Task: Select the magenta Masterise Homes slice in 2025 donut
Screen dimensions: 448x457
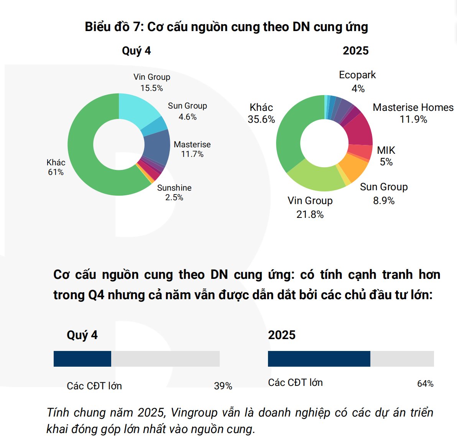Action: [358, 128]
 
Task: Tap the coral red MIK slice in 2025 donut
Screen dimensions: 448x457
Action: [360, 151]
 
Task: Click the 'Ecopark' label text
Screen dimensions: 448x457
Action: [357, 75]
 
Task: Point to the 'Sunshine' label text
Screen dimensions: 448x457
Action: [174, 188]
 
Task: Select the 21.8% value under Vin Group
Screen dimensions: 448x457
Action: [310, 214]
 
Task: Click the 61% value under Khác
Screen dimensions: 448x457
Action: [56, 172]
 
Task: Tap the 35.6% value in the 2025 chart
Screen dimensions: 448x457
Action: [261, 119]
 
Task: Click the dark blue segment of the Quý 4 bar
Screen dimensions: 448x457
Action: [82, 359]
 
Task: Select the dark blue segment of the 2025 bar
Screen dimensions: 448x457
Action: [319, 359]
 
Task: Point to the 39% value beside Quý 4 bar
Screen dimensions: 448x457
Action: [223, 386]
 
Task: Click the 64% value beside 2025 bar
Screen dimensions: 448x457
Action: [425, 384]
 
